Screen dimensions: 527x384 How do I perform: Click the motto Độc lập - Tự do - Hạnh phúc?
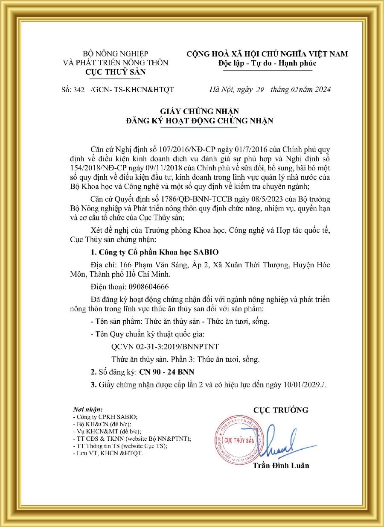pos(267,63)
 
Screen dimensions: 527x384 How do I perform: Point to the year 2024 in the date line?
pos(321,90)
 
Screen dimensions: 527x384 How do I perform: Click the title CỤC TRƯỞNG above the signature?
pos(280,410)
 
